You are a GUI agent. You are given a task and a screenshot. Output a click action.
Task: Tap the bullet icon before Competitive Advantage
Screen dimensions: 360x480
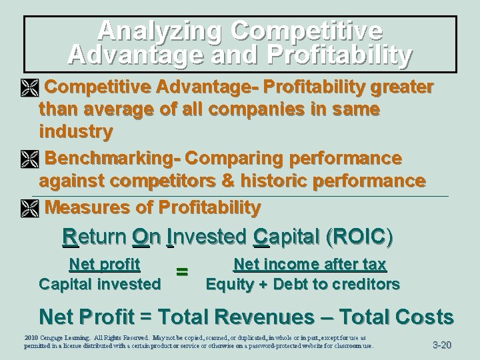pos(31,88)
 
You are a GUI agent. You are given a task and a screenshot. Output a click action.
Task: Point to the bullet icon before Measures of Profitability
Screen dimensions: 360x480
pos(31,208)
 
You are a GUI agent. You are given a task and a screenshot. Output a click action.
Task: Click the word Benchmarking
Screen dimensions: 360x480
pos(113,159)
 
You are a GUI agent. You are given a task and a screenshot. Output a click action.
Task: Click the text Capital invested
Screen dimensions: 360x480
pos(100,284)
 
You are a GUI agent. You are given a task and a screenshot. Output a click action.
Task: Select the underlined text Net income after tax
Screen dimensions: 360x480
pos(310,265)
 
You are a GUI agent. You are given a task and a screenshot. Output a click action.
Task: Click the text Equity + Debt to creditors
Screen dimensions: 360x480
pos(303,285)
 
